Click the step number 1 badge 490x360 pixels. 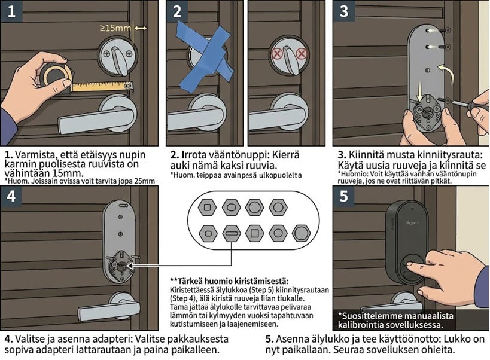click(11, 11)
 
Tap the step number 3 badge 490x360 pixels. click(344, 11)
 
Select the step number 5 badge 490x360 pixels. click(344, 196)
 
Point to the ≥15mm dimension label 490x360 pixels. click(115, 28)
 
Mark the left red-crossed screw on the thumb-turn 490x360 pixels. click(277, 54)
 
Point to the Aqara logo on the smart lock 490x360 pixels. click(412, 223)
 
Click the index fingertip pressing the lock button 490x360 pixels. click(409, 265)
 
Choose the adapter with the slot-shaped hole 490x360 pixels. click(232, 233)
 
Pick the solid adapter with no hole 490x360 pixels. click(302, 233)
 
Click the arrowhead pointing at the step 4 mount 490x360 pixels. click(129, 266)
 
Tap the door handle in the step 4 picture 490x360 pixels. click(109, 307)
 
